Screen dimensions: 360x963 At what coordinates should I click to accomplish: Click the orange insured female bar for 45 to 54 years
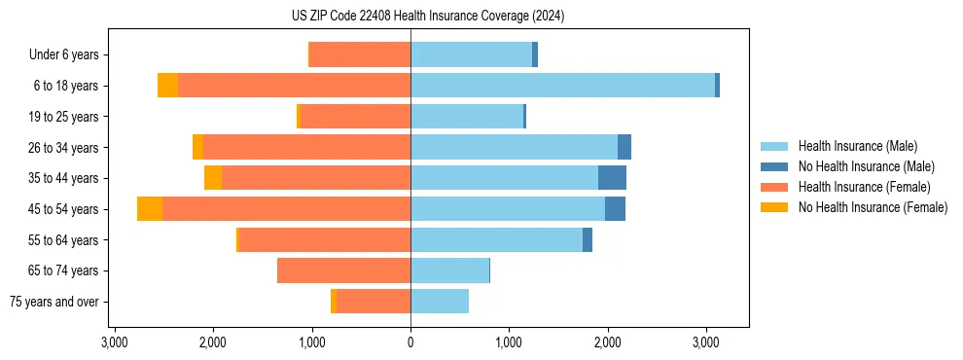[x=286, y=209]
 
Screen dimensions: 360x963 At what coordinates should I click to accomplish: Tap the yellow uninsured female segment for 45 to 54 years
[x=150, y=209]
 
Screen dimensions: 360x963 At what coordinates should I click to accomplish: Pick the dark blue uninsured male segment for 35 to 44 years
[x=612, y=178]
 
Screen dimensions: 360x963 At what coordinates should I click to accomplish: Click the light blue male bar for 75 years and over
[x=440, y=302]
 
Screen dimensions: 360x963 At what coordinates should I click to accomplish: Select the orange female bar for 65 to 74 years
[x=343, y=270]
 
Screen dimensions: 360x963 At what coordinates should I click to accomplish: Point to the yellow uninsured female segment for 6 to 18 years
[x=167, y=86]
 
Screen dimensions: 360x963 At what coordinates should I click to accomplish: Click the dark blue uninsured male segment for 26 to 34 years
[x=624, y=147]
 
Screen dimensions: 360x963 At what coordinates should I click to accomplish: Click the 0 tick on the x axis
[x=410, y=342]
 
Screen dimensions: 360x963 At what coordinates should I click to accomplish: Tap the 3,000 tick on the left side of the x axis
[x=115, y=342]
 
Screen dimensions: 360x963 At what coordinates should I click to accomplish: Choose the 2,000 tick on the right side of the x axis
[x=607, y=342]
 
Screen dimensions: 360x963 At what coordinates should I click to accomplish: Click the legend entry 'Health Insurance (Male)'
[x=857, y=146]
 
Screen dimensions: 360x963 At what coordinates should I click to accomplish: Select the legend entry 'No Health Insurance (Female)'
[x=873, y=207]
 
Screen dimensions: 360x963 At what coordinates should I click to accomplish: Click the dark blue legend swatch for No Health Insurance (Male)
[x=775, y=166]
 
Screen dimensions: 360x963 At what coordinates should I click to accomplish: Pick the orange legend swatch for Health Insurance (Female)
[x=775, y=187]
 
